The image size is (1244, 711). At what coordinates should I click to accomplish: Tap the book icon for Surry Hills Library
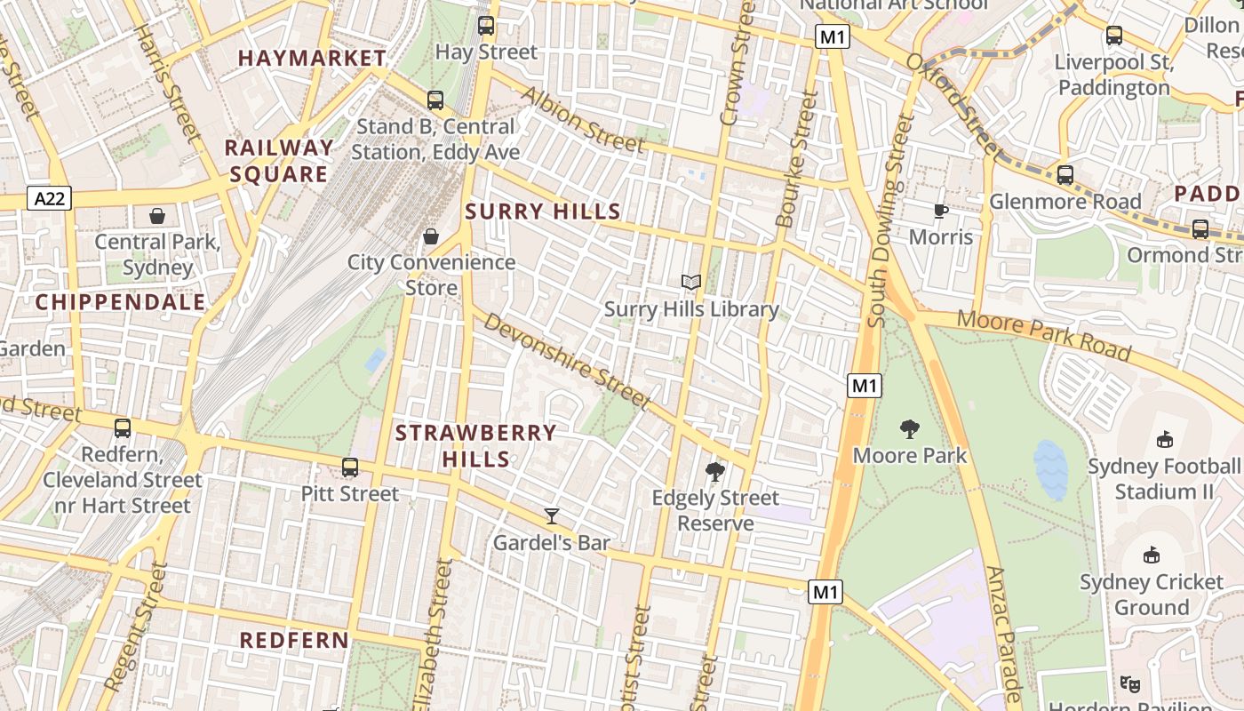point(691,283)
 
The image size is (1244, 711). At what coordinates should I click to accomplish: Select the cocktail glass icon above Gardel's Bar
point(552,515)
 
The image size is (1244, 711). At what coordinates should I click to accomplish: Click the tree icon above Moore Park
point(909,429)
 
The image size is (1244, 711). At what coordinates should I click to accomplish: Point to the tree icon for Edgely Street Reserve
point(714,471)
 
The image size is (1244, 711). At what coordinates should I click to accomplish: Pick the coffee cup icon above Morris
point(940,211)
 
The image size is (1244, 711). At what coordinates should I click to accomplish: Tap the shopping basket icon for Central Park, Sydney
point(157,215)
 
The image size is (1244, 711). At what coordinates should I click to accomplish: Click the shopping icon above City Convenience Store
point(431,236)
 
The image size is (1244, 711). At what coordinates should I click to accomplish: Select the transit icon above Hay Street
point(486,25)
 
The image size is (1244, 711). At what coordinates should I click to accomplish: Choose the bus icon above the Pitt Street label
point(350,467)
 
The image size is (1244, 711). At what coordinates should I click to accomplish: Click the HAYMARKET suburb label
point(312,59)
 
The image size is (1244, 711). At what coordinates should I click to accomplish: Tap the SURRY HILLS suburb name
point(543,212)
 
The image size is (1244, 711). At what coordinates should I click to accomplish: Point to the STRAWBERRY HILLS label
point(475,446)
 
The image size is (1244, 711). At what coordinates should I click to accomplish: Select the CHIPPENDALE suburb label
point(121,302)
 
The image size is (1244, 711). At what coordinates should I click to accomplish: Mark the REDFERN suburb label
point(294,641)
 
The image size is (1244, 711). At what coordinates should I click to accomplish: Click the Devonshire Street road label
point(566,363)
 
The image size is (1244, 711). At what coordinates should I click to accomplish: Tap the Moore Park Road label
point(1044,336)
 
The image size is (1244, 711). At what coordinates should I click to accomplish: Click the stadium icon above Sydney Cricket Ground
point(1152,555)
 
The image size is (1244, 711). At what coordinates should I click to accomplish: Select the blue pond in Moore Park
point(1050,469)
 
